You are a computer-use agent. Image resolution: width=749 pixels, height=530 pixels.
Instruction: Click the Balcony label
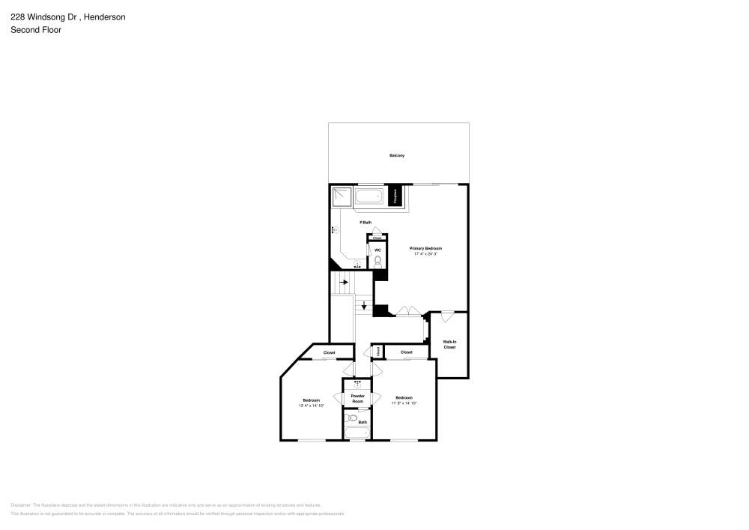point(397,155)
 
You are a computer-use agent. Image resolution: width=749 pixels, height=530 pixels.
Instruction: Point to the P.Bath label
point(366,223)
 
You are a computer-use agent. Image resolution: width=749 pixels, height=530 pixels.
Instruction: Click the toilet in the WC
point(377,261)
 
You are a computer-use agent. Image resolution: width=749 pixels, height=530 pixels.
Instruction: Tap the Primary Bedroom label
point(425,248)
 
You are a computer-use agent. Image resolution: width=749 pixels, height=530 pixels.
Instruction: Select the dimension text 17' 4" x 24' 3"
point(425,254)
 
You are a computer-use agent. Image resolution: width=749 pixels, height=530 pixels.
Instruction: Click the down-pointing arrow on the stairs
point(364,305)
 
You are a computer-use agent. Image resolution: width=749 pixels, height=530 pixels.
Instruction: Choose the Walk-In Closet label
point(449,344)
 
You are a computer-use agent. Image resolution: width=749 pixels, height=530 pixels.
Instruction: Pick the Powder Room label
point(357,399)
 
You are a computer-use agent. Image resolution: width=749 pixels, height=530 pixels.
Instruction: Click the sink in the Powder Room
point(357,384)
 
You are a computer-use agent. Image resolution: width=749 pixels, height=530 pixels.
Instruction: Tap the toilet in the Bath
point(352,418)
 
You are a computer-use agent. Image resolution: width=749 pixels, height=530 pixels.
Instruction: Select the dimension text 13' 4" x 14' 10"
point(311,406)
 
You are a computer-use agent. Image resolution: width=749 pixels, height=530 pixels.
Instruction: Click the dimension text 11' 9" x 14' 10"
point(404,403)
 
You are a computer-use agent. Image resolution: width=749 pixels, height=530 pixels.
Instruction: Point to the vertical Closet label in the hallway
point(379,351)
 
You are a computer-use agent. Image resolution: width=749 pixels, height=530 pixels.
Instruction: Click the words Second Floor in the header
point(36,30)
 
